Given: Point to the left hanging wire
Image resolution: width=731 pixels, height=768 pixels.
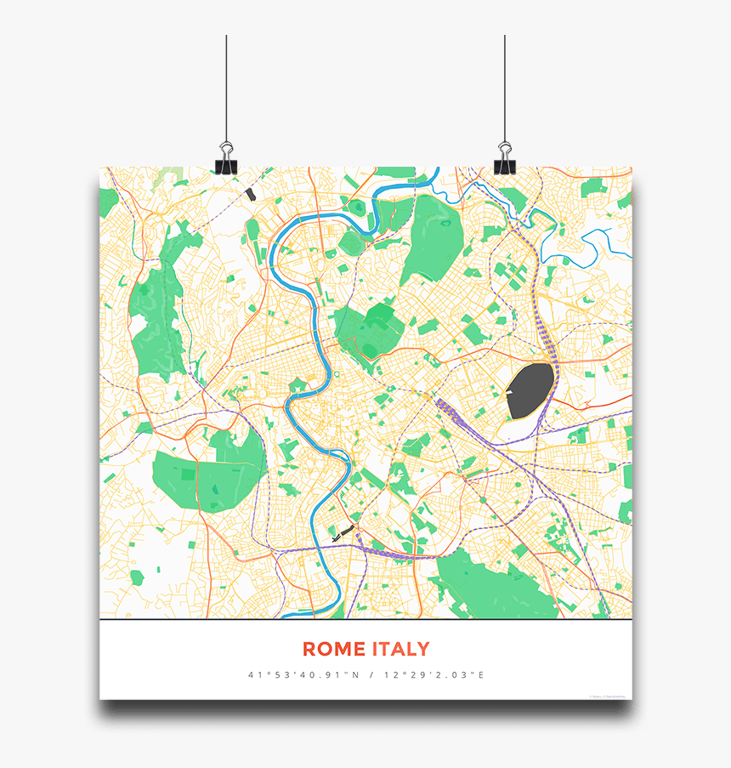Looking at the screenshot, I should click(x=226, y=85).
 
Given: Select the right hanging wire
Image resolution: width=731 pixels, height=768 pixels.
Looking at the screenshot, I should click(x=504, y=85).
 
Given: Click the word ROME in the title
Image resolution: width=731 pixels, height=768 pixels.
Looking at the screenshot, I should click(x=333, y=650).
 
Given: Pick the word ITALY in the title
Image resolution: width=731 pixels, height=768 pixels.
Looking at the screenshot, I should click(x=400, y=650).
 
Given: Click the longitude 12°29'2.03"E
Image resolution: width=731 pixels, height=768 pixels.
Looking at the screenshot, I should click(x=433, y=675).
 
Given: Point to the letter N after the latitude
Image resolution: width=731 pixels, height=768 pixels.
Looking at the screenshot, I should click(x=355, y=675).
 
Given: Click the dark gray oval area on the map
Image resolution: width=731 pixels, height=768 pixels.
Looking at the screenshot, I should click(x=530, y=390).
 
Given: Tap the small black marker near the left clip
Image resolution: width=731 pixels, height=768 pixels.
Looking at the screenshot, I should click(x=249, y=194).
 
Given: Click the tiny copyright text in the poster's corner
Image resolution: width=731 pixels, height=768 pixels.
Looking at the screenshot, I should click(x=609, y=696).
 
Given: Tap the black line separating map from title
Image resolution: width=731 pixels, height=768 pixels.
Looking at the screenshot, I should click(x=365, y=620).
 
